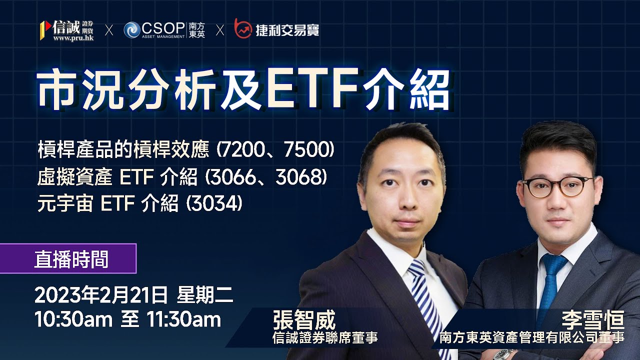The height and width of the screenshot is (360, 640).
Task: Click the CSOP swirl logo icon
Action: coord(132,30)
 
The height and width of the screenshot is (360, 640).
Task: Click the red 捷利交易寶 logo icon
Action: coord(243,29)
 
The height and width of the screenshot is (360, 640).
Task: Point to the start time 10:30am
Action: coord(72,319)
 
